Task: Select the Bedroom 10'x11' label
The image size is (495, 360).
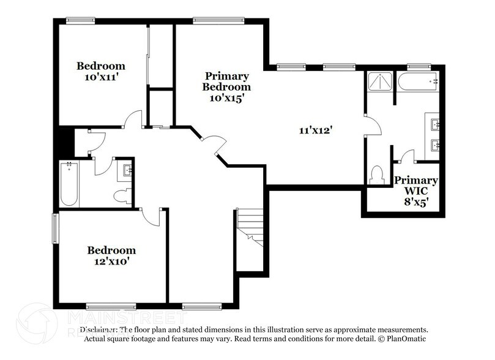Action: tap(101, 72)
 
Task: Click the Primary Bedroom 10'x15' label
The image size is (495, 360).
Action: tap(226, 86)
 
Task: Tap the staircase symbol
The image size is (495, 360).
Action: tap(250, 227)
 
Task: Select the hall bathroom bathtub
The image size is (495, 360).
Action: tap(69, 184)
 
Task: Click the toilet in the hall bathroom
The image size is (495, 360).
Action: tap(122, 195)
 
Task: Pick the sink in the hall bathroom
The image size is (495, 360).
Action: tap(127, 170)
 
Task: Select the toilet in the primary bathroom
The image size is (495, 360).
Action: tap(376, 175)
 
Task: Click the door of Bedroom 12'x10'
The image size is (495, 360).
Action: tap(151, 215)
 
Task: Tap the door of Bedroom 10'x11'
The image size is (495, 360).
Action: tap(133, 119)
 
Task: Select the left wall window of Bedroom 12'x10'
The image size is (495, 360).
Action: tap(55, 228)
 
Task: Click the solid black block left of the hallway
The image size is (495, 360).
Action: tap(64, 142)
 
